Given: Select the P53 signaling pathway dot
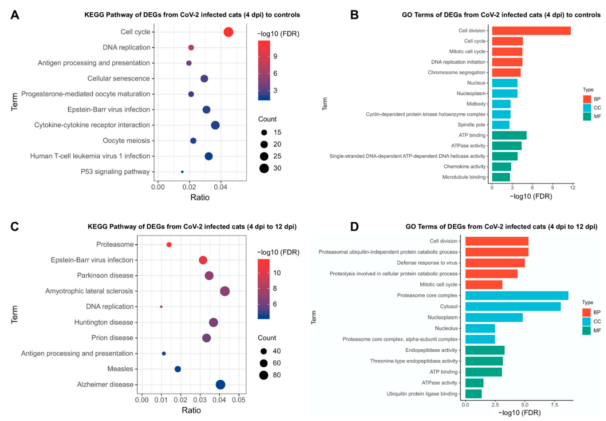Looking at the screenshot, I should click(182, 172).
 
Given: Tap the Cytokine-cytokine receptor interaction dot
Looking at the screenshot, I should click(215, 125).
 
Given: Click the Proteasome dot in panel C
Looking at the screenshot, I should click(169, 245).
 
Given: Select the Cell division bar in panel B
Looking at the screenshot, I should click(531, 31).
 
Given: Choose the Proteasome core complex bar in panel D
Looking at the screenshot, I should click(516, 295).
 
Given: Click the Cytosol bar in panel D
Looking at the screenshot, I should click(513, 306).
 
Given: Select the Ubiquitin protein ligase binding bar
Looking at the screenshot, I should click(473, 394).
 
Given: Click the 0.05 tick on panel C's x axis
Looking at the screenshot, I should click(239, 400).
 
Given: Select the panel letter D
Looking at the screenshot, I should click(354, 227).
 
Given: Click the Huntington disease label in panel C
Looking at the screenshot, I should click(104, 322).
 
